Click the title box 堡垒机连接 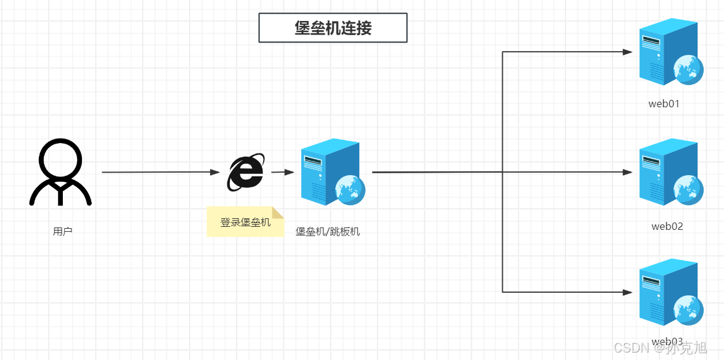[333, 28]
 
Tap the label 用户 [63, 232]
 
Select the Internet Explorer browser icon [246, 172]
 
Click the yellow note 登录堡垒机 [245, 222]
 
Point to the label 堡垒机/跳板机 [328, 232]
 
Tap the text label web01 [664, 104]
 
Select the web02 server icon [669, 173]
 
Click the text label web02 [667, 226]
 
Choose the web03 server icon [669, 293]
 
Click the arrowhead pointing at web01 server [628, 52]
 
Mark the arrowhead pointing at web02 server [628, 173]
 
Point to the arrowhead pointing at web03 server [628, 292]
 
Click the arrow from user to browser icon [160, 173]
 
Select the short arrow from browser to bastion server [282, 173]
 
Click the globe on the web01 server [688, 69]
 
